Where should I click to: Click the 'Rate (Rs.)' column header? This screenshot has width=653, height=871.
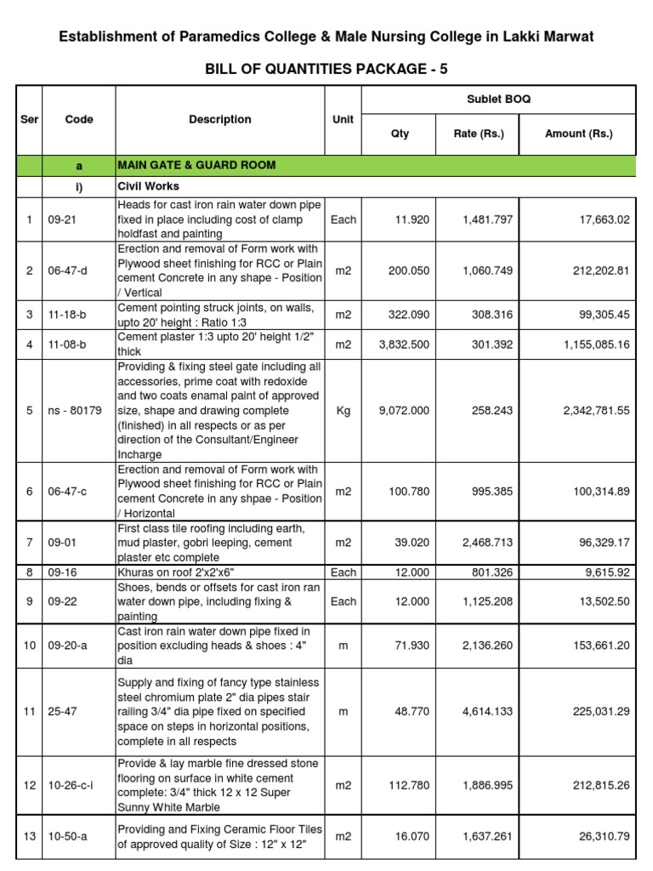[x=480, y=134]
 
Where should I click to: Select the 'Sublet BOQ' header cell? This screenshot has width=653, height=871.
[x=499, y=100]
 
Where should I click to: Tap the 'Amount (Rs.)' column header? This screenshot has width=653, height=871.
[x=578, y=134]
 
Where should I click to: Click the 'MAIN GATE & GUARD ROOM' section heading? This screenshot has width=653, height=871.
[x=196, y=165]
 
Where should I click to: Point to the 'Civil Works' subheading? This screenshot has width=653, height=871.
[x=148, y=186]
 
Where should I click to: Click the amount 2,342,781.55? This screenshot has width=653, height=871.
[x=595, y=411]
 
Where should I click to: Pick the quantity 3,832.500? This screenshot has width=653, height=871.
[x=404, y=345]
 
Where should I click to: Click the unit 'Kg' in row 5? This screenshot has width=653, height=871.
[x=343, y=411]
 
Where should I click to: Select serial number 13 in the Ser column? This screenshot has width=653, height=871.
[x=29, y=836]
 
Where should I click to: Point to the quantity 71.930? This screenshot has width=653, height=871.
[x=412, y=646]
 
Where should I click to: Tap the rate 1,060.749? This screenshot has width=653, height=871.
[x=487, y=270]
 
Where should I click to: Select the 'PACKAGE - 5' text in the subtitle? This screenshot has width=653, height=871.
[x=403, y=69]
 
